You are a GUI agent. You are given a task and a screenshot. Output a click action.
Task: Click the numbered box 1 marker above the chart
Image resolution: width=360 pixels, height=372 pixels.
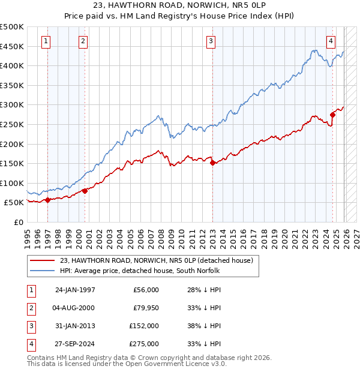47,41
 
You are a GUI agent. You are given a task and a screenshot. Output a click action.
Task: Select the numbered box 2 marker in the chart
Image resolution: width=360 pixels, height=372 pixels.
83,41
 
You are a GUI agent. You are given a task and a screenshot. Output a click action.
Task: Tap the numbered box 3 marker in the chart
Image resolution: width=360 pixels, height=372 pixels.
211,41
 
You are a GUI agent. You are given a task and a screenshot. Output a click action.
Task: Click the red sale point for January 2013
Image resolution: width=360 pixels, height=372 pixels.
212,163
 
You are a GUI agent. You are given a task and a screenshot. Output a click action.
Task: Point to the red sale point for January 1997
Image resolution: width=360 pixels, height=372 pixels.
48,200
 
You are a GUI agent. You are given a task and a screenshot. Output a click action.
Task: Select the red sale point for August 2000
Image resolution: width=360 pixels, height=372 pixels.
85,191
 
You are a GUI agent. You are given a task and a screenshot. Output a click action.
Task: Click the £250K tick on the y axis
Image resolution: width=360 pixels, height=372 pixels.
12,124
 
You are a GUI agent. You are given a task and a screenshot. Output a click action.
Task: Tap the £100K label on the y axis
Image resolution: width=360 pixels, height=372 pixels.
12,183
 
